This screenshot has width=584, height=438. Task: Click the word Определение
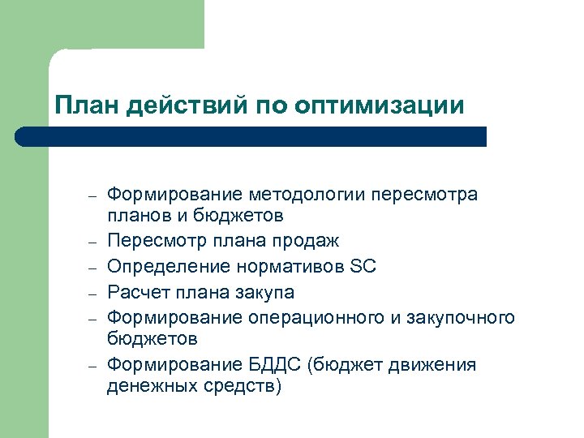(x=170, y=266)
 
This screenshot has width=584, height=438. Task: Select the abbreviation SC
(x=364, y=266)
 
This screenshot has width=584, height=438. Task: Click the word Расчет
(x=134, y=291)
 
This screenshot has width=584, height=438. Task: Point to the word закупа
(x=264, y=291)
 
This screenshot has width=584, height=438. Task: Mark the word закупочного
(x=462, y=316)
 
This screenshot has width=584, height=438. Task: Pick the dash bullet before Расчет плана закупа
(x=92, y=293)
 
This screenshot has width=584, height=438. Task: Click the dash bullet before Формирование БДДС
(x=92, y=367)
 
